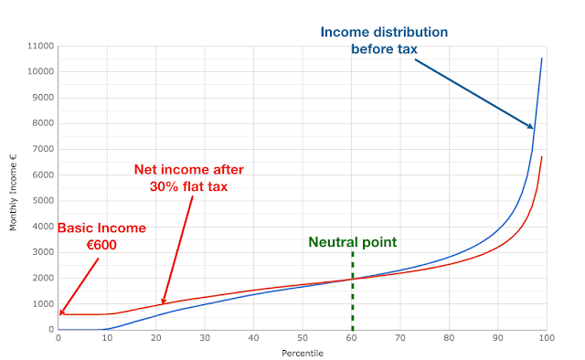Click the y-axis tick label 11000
click(x=40, y=46)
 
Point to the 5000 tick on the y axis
click(x=43, y=201)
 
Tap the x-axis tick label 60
click(x=351, y=338)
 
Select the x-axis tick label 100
click(x=547, y=338)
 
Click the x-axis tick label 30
click(x=205, y=338)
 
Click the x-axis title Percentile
click(x=303, y=354)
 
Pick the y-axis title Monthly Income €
click(x=14, y=192)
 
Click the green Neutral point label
click(x=353, y=242)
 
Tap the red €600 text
click(x=101, y=245)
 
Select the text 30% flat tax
click(x=189, y=186)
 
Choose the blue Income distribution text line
click(x=384, y=32)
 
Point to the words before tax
click(x=384, y=49)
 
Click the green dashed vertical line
click(x=353, y=291)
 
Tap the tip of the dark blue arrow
click(x=534, y=128)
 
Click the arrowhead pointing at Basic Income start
click(x=60, y=314)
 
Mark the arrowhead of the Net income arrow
click(x=163, y=303)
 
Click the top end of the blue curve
click(x=542, y=58)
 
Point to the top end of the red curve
click(x=542, y=156)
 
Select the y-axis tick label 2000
click(x=43, y=278)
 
